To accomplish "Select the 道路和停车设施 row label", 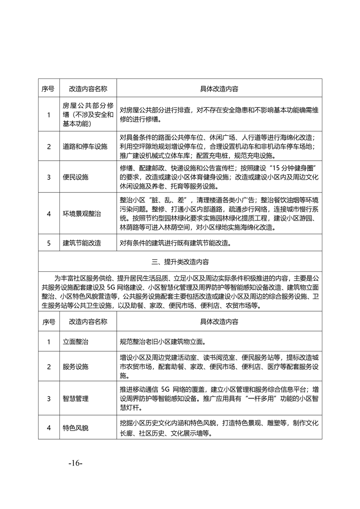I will [85, 147].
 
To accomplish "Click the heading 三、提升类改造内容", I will [180, 262].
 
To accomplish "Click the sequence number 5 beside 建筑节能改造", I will [49, 243].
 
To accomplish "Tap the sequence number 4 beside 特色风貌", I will [49, 427].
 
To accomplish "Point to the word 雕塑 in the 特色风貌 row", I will [274, 423].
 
